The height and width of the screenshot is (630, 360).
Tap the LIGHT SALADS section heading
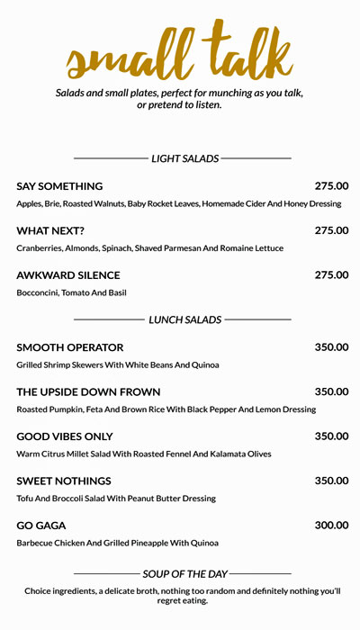[x=184, y=158]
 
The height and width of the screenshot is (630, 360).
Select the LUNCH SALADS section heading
[x=184, y=319]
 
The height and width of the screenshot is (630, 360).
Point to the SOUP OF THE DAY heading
[x=184, y=573]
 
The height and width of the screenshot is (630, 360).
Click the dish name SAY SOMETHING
[x=59, y=186]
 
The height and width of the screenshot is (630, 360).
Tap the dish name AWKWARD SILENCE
[x=68, y=275]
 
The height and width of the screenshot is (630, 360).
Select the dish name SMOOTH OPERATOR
[x=70, y=347]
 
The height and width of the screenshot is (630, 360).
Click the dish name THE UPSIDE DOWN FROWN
[x=88, y=392]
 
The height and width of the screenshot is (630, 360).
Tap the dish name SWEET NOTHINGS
[x=64, y=481]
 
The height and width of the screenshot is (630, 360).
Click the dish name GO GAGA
[x=41, y=526]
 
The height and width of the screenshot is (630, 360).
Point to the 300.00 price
[x=331, y=526]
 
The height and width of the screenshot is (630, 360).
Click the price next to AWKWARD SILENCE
[x=331, y=275]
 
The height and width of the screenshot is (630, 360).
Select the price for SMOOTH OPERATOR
[x=331, y=347]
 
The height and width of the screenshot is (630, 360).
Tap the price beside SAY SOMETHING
[x=331, y=186]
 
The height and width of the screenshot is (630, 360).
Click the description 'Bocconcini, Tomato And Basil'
[x=71, y=293]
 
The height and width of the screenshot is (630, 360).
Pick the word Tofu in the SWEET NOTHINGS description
[x=25, y=499]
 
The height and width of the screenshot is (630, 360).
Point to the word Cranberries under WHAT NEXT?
[x=40, y=248]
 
